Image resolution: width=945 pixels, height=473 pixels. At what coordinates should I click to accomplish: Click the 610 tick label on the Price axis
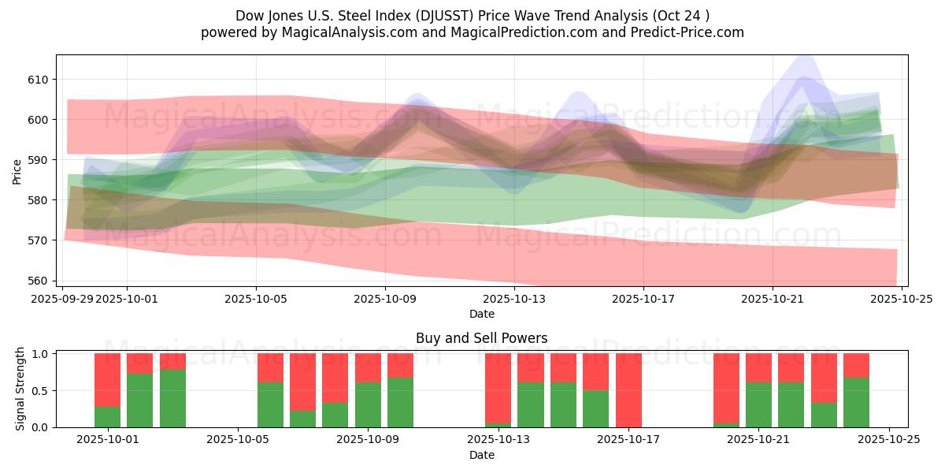point(39,80)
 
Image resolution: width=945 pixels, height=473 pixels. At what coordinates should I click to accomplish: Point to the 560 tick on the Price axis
point(39,281)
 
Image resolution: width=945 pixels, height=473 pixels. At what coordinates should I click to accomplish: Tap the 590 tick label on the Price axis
point(39,160)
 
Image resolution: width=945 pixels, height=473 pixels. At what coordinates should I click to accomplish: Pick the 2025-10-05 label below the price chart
point(256,299)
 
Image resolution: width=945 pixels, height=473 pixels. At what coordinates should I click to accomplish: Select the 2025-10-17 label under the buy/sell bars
point(628,440)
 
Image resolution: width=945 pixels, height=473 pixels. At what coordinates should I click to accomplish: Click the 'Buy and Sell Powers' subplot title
point(481,338)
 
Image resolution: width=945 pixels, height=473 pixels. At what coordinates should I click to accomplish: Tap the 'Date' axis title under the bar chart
point(481,455)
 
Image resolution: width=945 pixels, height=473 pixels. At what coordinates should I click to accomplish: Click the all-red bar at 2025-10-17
point(628,389)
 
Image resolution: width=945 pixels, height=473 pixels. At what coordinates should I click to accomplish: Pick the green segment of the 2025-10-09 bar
point(368,404)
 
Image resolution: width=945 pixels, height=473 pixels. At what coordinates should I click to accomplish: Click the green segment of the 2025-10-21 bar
point(758,404)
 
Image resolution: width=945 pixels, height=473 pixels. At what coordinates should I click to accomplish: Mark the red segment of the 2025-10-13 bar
point(498,387)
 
